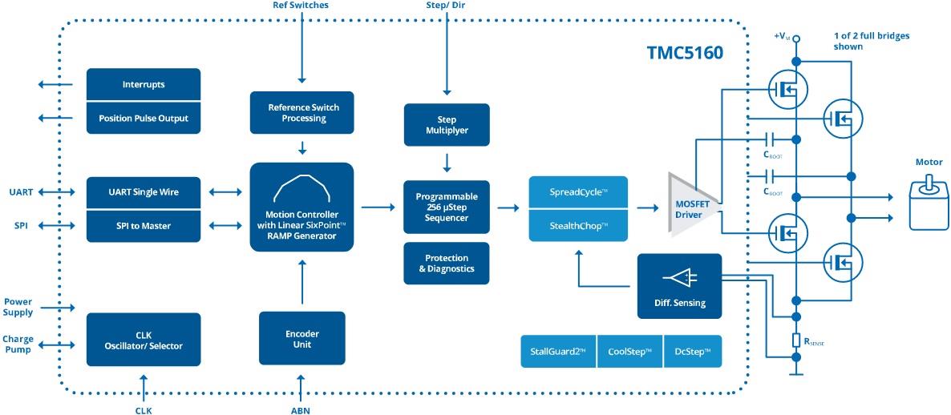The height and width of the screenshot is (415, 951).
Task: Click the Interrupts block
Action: [x=144, y=84]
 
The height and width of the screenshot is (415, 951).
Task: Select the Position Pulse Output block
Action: [x=144, y=118]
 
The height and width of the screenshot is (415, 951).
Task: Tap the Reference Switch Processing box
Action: [x=303, y=112]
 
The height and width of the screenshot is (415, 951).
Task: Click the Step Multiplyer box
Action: [x=447, y=124]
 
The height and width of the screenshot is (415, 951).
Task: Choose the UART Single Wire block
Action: [x=144, y=192]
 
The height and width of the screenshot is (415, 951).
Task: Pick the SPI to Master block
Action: [x=144, y=226]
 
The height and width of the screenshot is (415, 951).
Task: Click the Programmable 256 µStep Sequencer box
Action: [x=447, y=207]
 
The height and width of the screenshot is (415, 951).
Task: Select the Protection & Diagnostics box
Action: [x=447, y=263]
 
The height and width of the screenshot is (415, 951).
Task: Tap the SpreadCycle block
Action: [x=577, y=192]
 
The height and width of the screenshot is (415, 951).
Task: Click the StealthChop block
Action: [x=577, y=226]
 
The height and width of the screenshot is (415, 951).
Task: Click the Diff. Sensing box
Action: [x=679, y=286]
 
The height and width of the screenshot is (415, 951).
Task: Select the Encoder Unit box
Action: [x=302, y=339]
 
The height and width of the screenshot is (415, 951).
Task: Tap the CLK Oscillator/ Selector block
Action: [x=144, y=340]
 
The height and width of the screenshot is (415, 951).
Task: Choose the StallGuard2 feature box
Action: [x=558, y=351]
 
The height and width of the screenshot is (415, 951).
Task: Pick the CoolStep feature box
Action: [x=629, y=351]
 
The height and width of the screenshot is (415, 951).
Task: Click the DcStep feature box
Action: [x=693, y=351]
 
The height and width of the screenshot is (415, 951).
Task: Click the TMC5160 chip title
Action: [x=685, y=54]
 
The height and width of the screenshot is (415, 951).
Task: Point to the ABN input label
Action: [x=301, y=410]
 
